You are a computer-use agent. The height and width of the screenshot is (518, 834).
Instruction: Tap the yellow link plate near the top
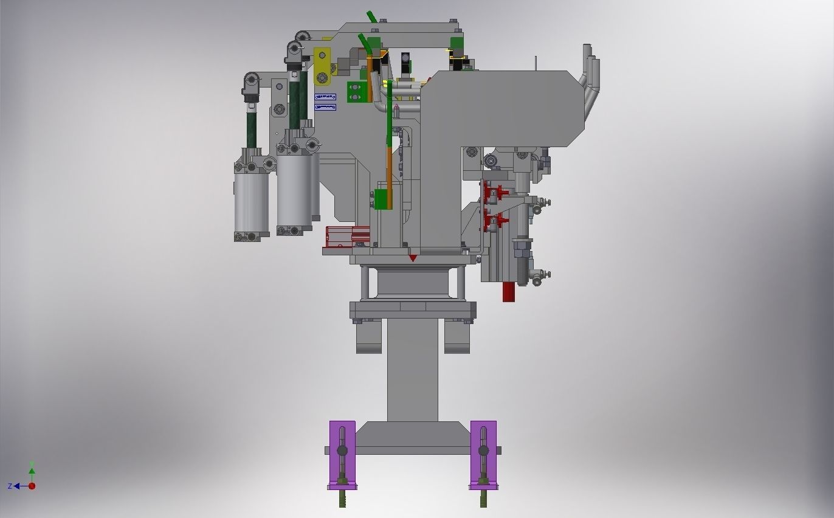322,66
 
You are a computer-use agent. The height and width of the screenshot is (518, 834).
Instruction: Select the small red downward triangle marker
413,258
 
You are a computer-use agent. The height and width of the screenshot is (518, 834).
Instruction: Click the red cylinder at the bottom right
509,291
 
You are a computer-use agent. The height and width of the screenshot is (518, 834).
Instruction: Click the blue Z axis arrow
17,486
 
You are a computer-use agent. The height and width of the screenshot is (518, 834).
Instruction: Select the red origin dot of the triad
32,486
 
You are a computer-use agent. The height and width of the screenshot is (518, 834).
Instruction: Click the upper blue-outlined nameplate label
325,97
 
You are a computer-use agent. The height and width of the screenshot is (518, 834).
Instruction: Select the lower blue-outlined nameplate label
325,108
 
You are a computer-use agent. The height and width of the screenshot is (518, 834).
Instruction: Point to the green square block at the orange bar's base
382,199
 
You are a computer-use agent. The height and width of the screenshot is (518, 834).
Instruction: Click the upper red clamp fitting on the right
492,193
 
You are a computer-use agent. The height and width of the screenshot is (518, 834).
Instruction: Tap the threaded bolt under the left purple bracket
342,498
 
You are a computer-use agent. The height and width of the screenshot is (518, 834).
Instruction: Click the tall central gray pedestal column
412,371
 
